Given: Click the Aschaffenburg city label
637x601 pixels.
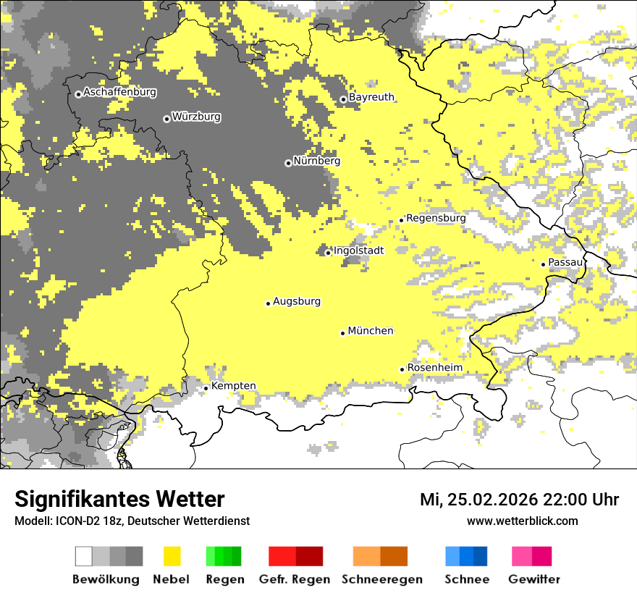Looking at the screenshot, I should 119,93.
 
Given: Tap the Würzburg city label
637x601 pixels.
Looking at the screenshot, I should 196,117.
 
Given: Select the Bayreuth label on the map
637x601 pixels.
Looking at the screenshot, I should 371,97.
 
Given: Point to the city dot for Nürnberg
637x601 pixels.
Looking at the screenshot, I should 288,163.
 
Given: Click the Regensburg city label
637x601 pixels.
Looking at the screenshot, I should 436,218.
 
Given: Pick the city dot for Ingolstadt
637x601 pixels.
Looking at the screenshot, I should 328,253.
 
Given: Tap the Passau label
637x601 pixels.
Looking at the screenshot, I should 565,262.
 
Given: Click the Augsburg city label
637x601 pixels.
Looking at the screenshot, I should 297,302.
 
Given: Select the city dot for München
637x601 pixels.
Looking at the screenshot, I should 343,333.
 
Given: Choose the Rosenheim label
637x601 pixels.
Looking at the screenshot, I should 434,368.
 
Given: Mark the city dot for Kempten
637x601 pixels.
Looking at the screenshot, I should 206,388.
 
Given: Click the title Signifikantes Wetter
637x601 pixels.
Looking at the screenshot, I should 119,500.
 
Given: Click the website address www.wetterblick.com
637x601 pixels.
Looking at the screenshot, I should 522,521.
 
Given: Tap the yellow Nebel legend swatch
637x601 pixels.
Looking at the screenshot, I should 172,556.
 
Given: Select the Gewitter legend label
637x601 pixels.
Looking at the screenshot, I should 534,579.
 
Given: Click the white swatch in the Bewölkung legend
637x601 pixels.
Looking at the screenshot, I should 84,556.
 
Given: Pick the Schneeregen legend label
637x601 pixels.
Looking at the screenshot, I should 382,579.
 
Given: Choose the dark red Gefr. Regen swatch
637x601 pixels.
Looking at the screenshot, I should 310,556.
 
